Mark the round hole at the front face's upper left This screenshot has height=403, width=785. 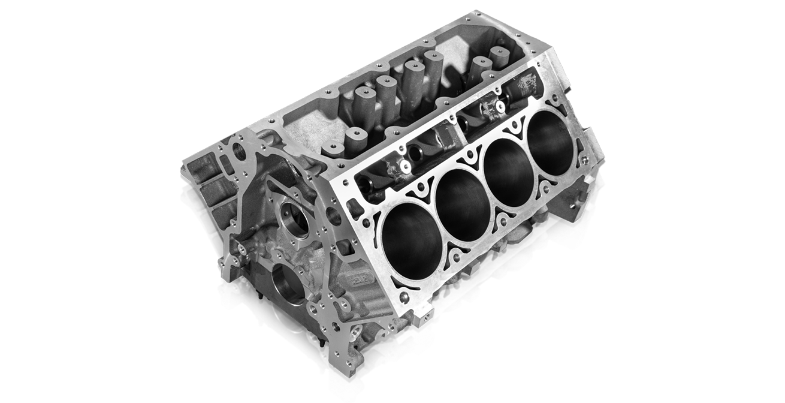click(238, 151)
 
